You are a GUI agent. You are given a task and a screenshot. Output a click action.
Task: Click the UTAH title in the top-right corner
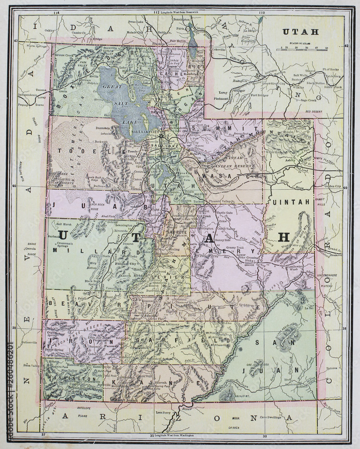300,32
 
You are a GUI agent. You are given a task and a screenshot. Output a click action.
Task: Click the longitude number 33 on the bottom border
264,436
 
